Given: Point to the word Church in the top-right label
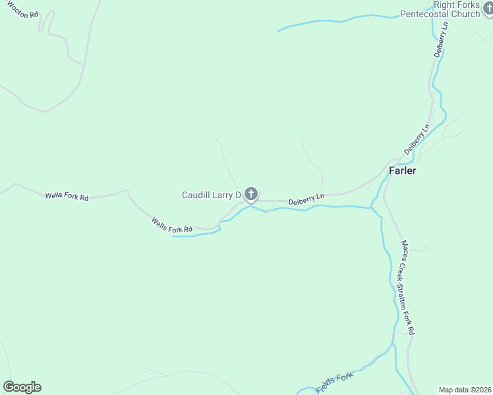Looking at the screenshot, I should click(465, 14).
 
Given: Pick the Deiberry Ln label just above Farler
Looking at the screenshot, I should click(417, 138).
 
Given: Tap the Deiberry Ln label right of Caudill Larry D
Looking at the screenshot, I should click(306, 197).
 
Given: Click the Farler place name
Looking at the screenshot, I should click(402, 170).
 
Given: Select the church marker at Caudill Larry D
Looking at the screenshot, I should click(251, 194).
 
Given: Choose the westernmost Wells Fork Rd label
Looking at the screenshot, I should click(67, 196).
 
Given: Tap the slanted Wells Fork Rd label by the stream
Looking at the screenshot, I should click(171, 225).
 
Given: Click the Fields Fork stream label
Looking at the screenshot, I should click(334, 383).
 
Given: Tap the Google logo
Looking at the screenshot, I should click(22, 387).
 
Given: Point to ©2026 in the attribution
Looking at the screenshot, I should click(480, 390).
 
